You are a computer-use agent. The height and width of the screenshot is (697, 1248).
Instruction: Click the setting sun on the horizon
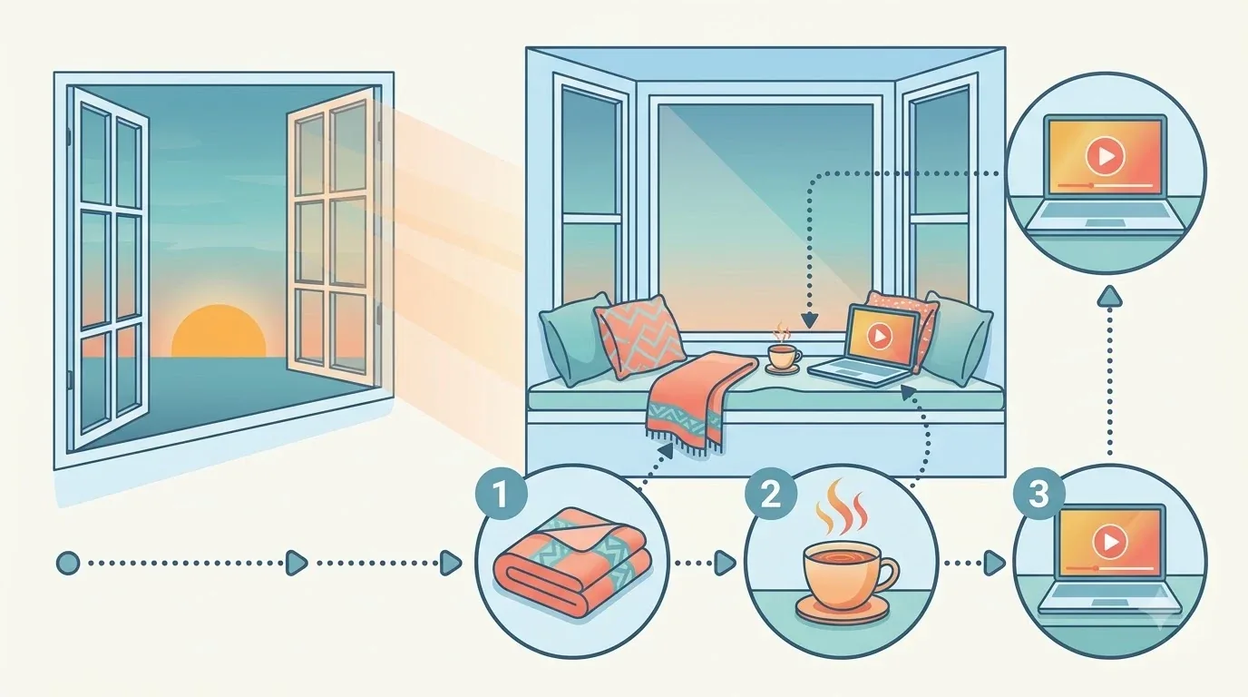(219, 331)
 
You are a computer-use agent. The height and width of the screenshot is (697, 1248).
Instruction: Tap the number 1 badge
(501, 495)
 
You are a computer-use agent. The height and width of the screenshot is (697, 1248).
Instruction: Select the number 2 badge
(771, 495)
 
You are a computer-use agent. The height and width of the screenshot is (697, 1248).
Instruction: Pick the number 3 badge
(1038, 495)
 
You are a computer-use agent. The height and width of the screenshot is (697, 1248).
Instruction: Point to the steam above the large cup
(842, 506)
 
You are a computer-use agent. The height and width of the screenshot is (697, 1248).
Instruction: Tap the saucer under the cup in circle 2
(843, 608)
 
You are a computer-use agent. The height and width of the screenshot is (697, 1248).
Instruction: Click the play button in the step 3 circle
(1110, 542)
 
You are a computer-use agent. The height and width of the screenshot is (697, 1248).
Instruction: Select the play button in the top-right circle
(1105, 157)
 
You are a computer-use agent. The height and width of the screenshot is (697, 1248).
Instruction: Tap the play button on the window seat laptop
(879, 335)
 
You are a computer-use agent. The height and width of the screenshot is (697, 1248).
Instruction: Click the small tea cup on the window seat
(784, 357)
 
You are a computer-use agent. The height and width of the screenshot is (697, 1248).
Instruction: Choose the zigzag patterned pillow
(640, 337)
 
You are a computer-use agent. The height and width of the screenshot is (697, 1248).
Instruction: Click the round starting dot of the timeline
(68, 564)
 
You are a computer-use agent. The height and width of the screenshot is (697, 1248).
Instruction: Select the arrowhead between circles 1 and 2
(725, 564)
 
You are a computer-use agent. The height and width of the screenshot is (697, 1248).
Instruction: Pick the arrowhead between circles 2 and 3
(993, 564)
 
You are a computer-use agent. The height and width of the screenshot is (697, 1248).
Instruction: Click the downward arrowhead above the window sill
(810, 320)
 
